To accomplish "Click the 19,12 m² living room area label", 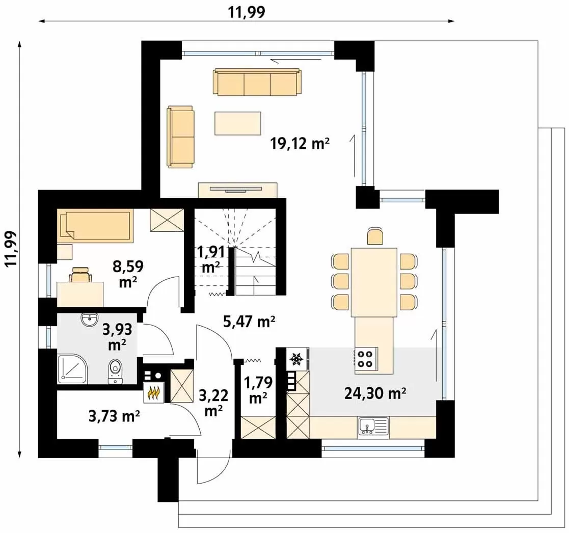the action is [x=300, y=143].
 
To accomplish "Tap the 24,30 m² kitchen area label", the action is [x=375, y=393].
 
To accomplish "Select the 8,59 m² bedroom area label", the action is [x=128, y=274].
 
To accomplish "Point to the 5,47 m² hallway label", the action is [x=249, y=322].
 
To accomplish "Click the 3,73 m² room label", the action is [x=114, y=416].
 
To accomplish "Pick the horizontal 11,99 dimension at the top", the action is [x=247, y=12].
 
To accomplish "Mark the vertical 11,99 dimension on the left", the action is [x=11, y=249].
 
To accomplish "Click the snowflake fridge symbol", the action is [x=296, y=359].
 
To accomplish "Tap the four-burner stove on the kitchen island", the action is [x=366, y=358].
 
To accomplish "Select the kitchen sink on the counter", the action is [x=373, y=426].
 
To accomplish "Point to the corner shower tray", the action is [x=72, y=368].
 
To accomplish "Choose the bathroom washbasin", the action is [x=90, y=319].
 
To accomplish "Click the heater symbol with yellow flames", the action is [x=154, y=392].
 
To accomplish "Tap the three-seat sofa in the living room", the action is [x=257, y=83].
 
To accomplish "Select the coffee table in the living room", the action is [x=238, y=123].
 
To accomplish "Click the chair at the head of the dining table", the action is [x=374, y=235].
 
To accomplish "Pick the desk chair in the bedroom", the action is [x=80, y=275].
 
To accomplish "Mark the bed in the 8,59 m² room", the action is [x=95, y=225].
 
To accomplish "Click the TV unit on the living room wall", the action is [x=238, y=190].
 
